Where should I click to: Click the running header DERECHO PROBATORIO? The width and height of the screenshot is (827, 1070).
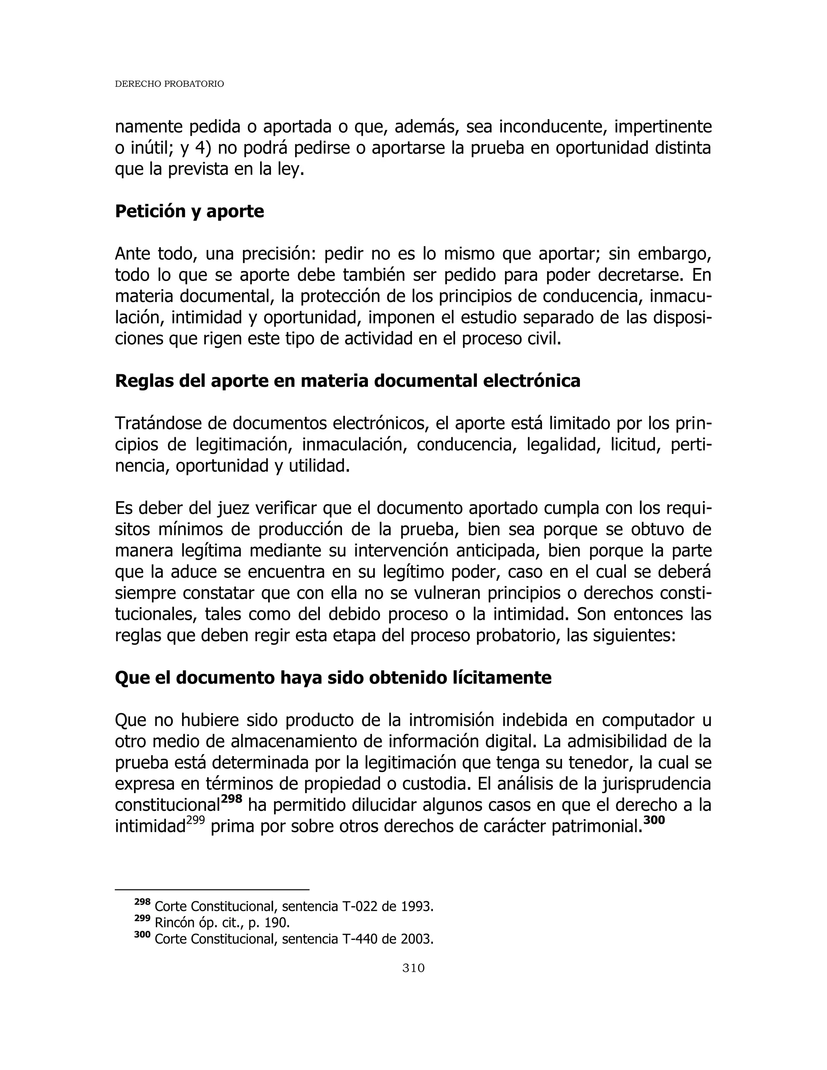point(169,84)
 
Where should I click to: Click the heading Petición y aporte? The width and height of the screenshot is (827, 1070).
point(189,211)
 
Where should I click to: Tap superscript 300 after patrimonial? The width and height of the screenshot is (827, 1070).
point(654,820)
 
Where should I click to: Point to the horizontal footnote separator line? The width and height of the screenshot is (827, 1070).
point(212,889)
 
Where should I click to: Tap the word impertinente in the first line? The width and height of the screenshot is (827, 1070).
point(662,127)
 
